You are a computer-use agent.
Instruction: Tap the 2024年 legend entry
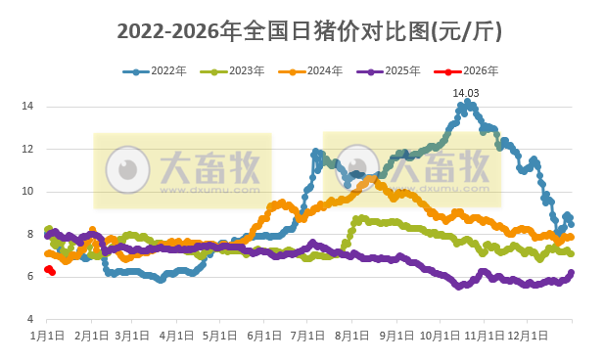point(306,71)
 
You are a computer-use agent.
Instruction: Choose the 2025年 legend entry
point(385,71)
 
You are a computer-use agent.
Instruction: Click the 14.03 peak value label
point(467,93)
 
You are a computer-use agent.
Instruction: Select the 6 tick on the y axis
point(31,277)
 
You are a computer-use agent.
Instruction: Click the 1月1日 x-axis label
point(46,335)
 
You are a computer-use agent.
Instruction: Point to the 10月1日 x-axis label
point(440,335)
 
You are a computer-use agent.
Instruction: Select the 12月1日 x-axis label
point(528,335)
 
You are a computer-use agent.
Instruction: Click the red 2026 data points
point(49,270)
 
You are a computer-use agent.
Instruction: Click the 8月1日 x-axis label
point(351,335)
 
